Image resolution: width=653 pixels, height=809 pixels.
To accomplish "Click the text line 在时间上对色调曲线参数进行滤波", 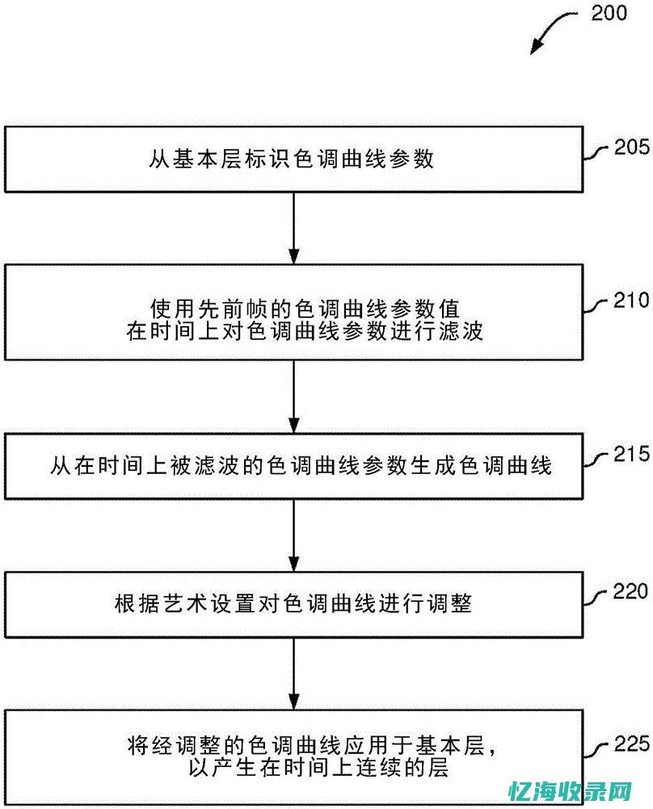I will (x=305, y=331).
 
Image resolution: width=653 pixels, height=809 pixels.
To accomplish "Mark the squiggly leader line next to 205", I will (x=597, y=152).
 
